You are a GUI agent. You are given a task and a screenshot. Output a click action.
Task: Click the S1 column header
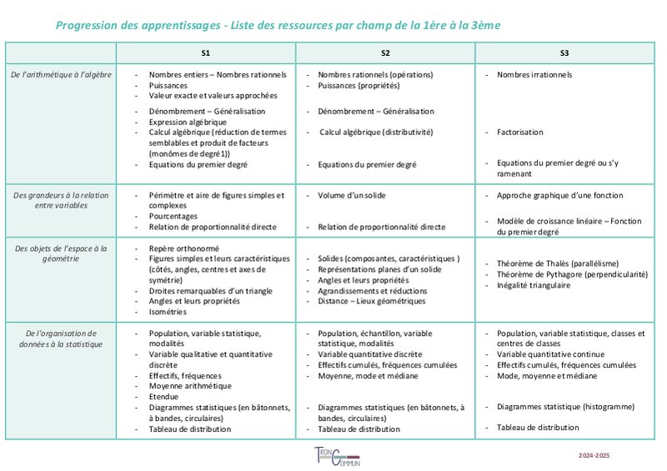[205, 53]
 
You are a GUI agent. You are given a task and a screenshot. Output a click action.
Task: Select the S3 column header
[564, 53]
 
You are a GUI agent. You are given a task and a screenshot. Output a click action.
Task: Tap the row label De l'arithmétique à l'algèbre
[61, 75]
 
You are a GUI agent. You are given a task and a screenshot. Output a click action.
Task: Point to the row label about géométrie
[61, 253]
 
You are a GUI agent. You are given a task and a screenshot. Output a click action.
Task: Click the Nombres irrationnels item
[534, 75]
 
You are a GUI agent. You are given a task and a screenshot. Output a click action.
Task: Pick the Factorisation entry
[519, 132]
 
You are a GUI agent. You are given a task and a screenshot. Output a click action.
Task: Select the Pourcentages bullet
[173, 216]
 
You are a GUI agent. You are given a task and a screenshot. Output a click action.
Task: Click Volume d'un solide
[352, 195]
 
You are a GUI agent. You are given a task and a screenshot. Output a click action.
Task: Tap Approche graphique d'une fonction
[559, 195]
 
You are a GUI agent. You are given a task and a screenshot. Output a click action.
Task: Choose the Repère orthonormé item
[183, 248]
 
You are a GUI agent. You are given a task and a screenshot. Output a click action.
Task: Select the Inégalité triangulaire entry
[534, 285]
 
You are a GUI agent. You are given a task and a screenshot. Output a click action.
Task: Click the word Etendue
[165, 397]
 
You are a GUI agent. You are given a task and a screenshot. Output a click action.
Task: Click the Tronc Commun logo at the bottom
[342, 456]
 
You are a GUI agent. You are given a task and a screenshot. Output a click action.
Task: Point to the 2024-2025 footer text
[594, 456]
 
